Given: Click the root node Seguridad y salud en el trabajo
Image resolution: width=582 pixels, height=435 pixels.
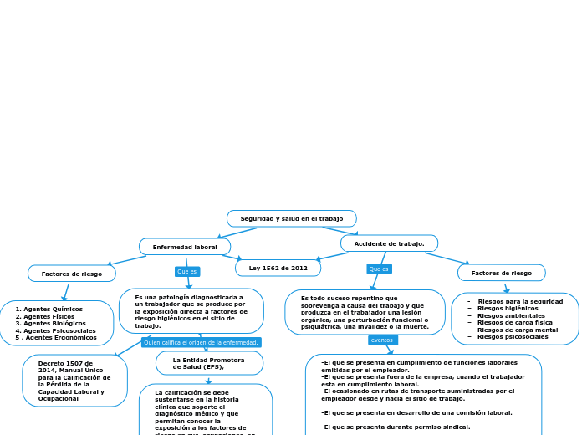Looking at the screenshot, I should coord(292,218).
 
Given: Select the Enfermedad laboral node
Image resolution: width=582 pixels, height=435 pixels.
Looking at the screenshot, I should coord(185,247).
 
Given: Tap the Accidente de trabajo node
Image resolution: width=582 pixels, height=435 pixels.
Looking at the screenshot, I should coord(389,243).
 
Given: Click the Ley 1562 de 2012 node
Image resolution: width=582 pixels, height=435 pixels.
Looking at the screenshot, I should coord(278,268).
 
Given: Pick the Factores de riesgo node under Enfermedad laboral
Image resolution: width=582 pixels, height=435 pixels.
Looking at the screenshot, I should coord(72,274).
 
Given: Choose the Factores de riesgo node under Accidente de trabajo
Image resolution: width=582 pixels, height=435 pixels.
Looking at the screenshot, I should coord(501,273).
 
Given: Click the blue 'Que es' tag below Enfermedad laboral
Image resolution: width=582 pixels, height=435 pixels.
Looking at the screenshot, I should coord(187,271).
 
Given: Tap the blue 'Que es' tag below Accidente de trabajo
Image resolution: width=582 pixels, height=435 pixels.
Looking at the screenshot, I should coord(379,269).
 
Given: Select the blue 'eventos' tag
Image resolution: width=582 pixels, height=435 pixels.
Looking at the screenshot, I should coord(382,340).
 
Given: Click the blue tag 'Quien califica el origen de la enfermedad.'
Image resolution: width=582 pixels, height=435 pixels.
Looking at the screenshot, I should coord(201,342).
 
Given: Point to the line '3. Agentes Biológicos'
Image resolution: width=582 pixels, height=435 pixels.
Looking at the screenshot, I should coord(51,323).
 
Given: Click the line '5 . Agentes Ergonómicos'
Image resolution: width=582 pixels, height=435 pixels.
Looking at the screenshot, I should coord(56,337).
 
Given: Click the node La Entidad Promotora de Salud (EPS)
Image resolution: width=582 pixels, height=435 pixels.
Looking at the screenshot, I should coord(209,362).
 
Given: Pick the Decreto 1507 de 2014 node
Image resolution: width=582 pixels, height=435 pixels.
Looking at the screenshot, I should coord(74,381).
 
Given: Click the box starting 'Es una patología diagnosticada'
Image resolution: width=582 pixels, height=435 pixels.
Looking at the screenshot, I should coord(191,311).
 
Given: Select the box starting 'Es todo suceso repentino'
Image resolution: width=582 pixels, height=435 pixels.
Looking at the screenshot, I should coord(365,312).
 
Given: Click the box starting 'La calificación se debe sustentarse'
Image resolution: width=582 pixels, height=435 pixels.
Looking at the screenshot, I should coord(205,410).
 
